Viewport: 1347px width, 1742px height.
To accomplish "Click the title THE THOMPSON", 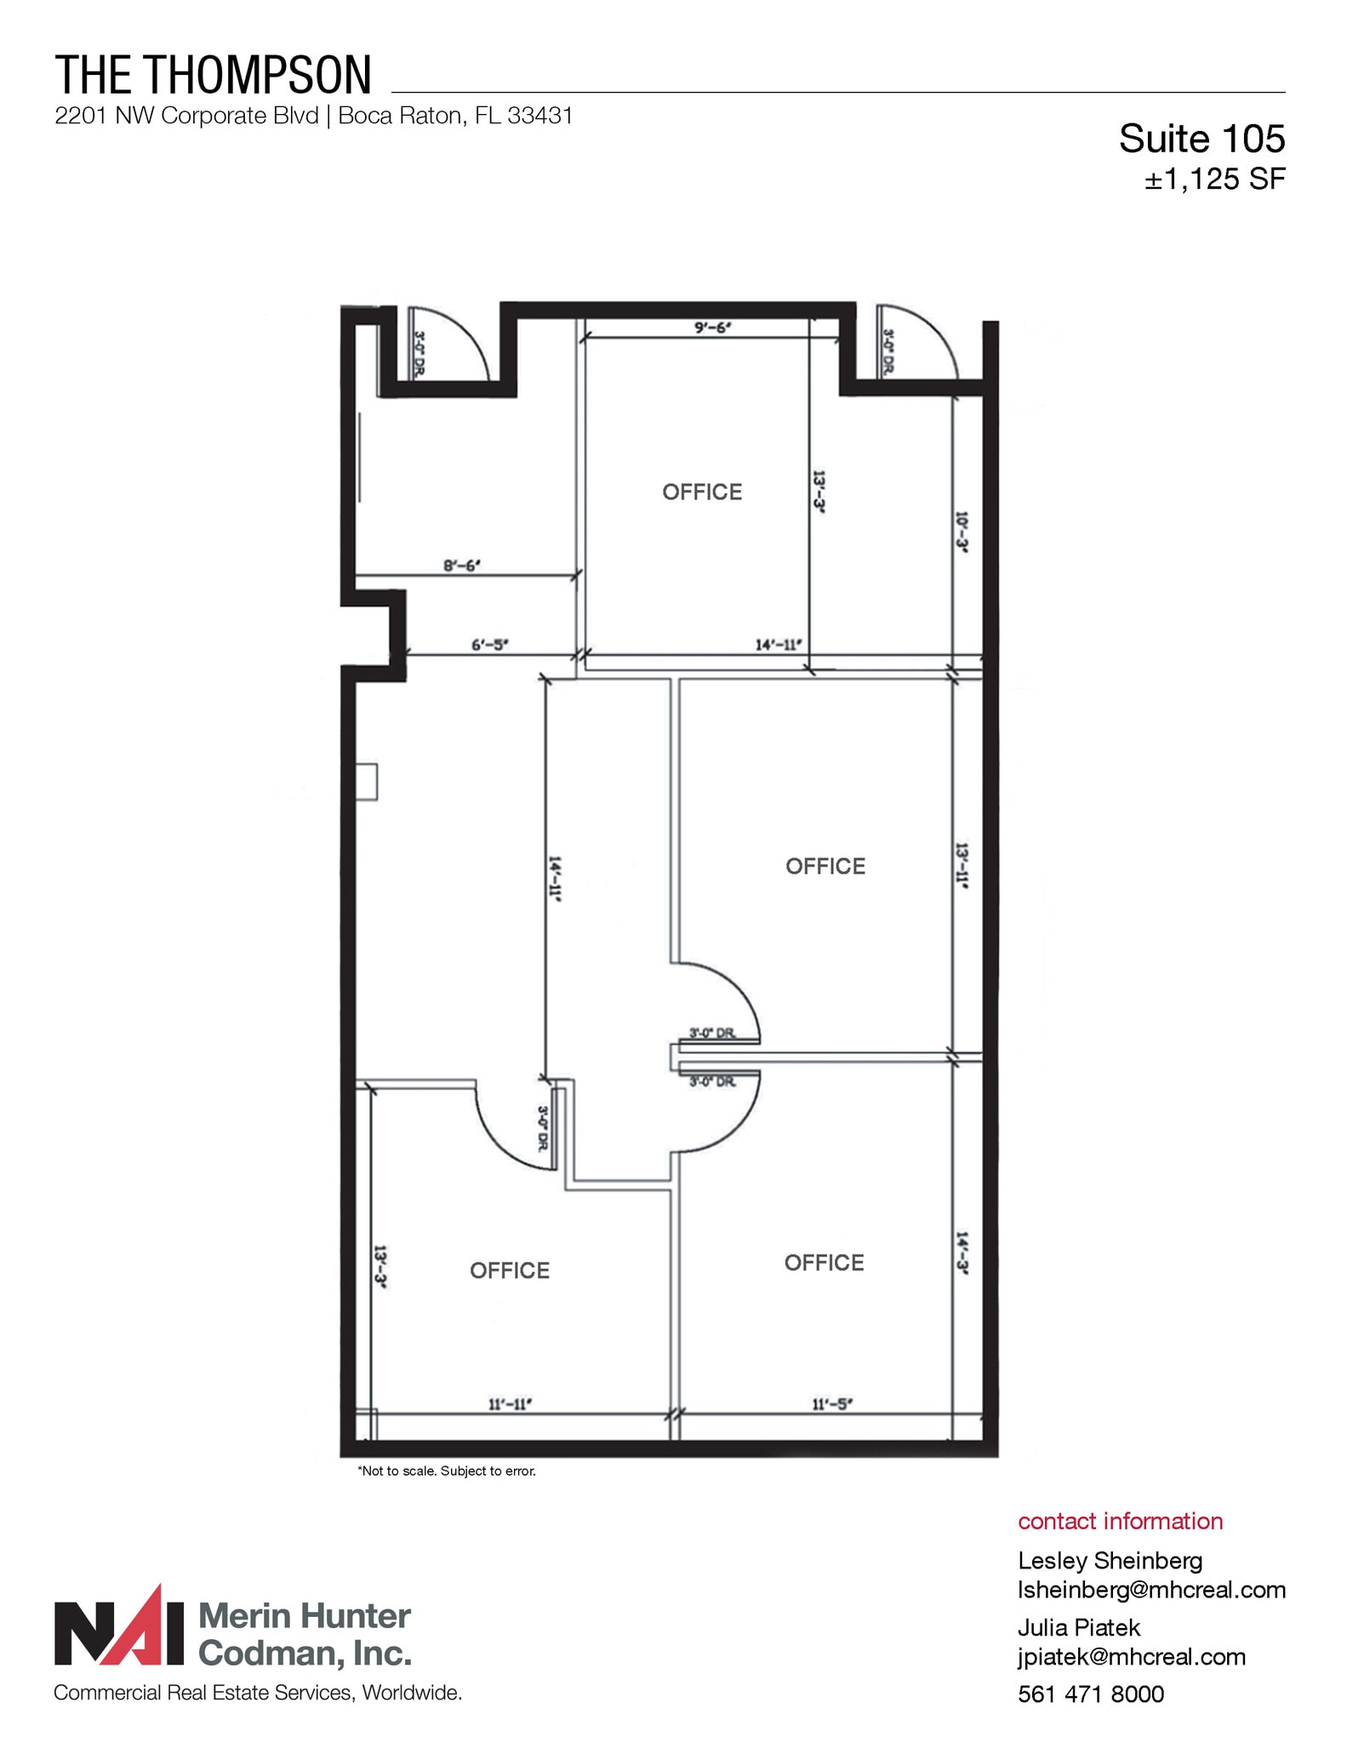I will (x=214, y=75).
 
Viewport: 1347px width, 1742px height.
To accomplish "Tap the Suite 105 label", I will (x=1201, y=139).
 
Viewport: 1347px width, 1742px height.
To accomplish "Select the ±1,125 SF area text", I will (x=1214, y=179).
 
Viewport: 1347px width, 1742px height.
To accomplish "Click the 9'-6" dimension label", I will (x=712, y=327).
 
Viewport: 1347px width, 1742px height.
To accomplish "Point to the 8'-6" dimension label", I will (x=462, y=565).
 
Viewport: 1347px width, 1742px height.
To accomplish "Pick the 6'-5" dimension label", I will (x=490, y=645).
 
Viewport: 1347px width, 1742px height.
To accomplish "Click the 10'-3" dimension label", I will (x=962, y=532).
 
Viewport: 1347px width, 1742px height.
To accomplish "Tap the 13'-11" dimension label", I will (x=962, y=865).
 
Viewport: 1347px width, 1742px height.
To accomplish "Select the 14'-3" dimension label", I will (x=962, y=1253).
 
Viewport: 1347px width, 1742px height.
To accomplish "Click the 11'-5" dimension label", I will (x=831, y=1403).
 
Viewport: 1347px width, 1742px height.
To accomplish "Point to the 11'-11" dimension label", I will (x=510, y=1403).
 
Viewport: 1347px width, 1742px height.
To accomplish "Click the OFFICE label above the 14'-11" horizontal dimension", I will (x=702, y=492).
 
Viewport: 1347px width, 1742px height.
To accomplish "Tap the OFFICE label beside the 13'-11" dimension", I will (x=825, y=866).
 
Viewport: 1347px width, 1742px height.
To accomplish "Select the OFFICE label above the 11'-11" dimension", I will (x=510, y=1270).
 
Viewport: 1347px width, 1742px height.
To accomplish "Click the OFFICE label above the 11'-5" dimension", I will (x=824, y=1262).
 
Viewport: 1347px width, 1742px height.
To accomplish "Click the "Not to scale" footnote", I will (x=447, y=1471).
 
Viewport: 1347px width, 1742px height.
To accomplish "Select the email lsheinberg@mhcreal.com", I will (x=1151, y=1590).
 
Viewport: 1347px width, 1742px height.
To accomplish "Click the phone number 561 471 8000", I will (x=1090, y=1694).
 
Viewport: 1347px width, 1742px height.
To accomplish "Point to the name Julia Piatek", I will (x=1078, y=1627).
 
